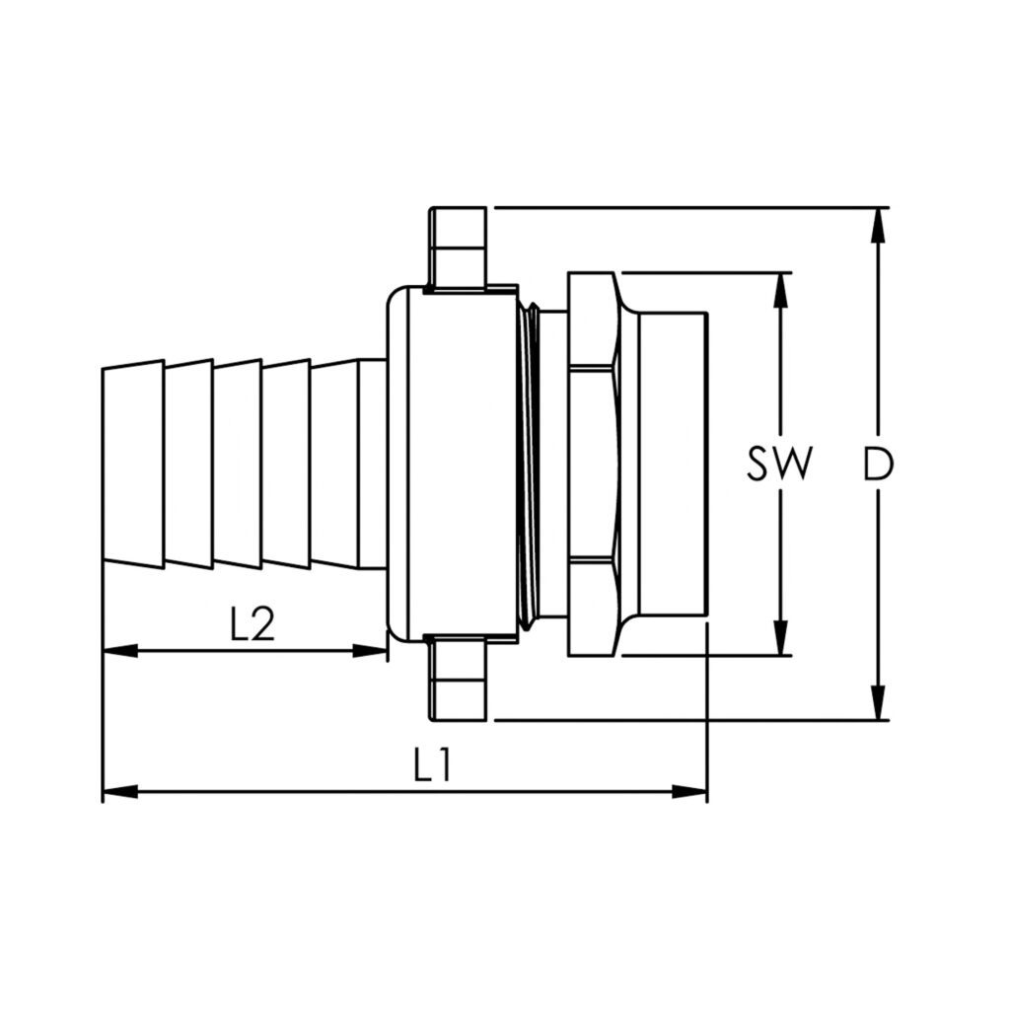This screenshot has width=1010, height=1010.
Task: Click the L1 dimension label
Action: tap(432, 765)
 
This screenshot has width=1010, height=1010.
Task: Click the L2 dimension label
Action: tap(252, 624)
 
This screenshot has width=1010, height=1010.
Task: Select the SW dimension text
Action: tap(779, 464)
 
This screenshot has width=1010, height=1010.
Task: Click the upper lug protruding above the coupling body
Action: tap(458, 247)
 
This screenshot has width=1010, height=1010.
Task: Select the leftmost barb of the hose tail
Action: tap(133, 464)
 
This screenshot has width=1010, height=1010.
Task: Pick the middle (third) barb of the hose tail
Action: tap(237, 464)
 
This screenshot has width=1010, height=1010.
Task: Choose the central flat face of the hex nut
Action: tap(590, 464)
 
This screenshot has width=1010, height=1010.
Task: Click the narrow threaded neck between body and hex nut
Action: tap(534, 464)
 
